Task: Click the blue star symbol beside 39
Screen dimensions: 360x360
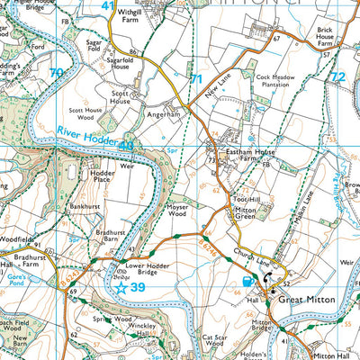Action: click(x=121, y=288)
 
